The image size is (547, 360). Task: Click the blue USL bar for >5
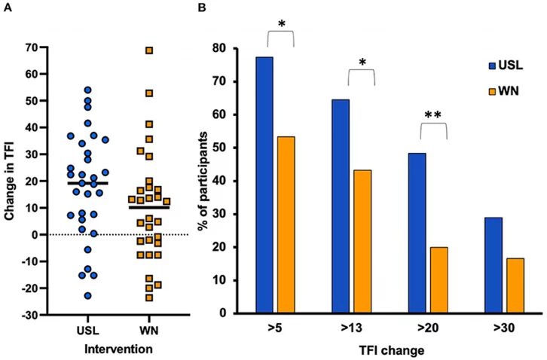point(264,185)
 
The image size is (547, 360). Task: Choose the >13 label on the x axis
point(352,329)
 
